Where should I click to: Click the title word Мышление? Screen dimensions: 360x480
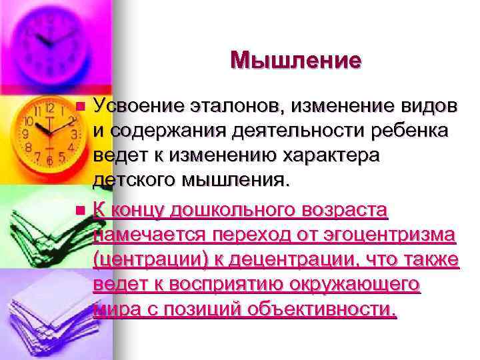coord(296,61)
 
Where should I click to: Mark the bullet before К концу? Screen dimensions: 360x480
coord(81,211)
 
